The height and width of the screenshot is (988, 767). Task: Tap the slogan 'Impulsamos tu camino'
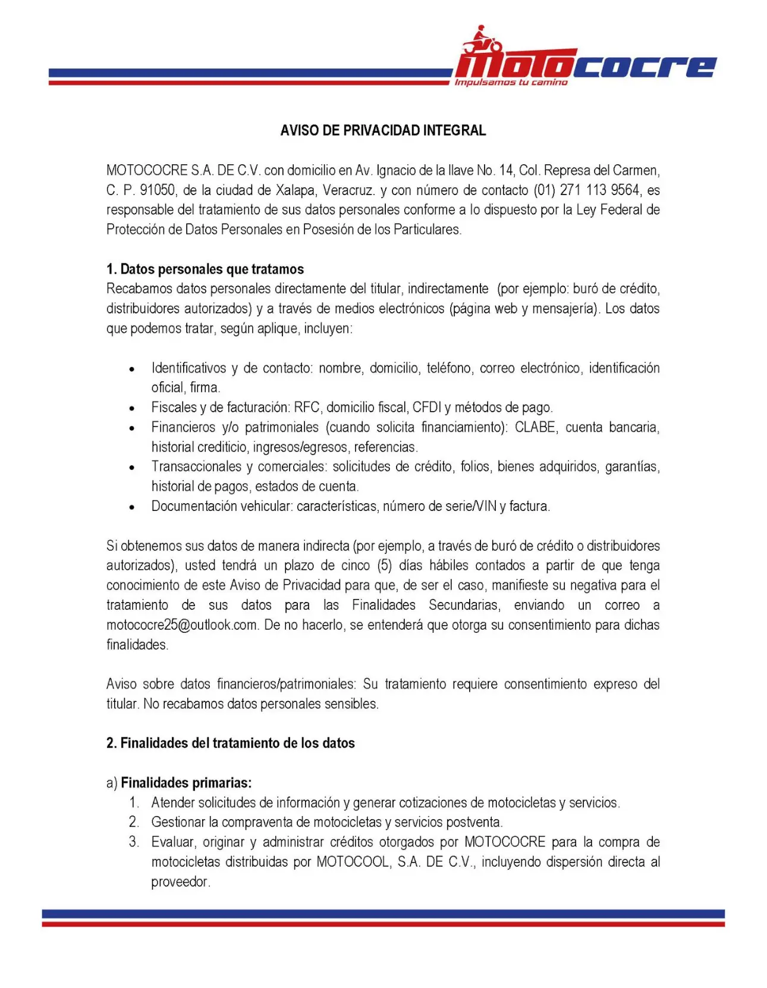click(x=511, y=83)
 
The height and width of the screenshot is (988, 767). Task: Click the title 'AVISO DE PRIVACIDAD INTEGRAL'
click(x=383, y=130)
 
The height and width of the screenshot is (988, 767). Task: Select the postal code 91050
click(x=157, y=190)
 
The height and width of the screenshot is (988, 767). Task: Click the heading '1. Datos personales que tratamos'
click(x=205, y=269)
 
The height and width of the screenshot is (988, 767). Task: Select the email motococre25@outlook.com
click(x=182, y=625)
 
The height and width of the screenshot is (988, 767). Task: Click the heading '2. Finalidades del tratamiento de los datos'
click(x=230, y=744)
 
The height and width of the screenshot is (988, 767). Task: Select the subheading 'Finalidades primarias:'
click(x=186, y=783)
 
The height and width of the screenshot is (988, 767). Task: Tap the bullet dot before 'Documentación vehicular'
click(x=132, y=507)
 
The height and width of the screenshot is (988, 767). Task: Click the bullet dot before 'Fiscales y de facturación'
click(x=132, y=409)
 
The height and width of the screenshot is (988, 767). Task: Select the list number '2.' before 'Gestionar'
click(x=134, y=823)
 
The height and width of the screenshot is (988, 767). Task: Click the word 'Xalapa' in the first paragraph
click(x=295, y=190)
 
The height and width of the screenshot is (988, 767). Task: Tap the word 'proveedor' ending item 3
click(x=180, y=882)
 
